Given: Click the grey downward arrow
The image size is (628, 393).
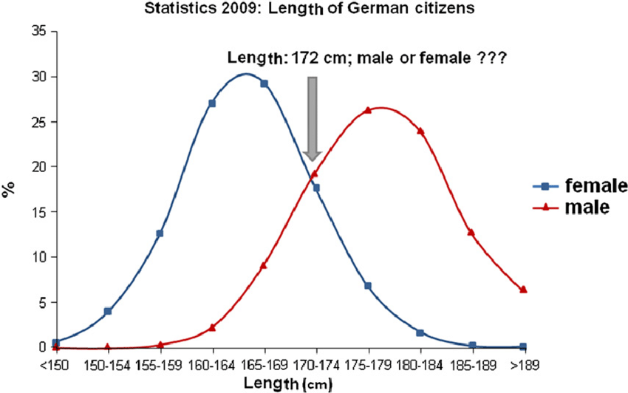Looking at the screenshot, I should [x=313, y=118].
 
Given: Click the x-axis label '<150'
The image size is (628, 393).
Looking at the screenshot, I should [x=55, y=364].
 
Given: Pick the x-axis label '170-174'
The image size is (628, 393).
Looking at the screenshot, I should [x=316, y=364].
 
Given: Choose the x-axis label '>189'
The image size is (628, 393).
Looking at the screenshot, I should [x=523, y=364].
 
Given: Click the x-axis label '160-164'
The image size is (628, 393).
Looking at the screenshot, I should [x=212, y=364].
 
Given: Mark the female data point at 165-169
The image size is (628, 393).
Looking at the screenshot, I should [x=264, y=83].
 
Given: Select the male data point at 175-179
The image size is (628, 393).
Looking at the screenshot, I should [x=368, y=110].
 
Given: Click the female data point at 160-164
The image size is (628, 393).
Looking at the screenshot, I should [x=212, y=103].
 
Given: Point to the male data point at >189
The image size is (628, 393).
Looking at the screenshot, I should [x=523, y=289].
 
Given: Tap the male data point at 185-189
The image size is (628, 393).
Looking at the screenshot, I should [x=471, y=232].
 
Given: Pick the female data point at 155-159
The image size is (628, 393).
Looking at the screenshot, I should [x=160, y=233].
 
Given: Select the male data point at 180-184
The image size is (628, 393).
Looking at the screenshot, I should [x=420, y=131].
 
